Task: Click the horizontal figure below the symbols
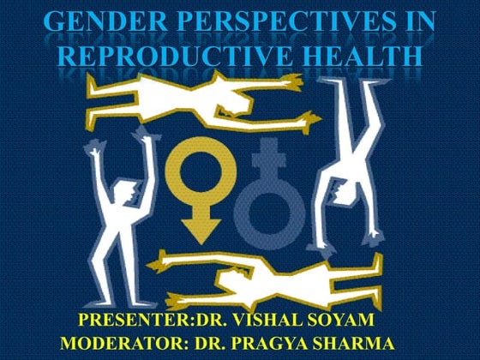249,279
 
